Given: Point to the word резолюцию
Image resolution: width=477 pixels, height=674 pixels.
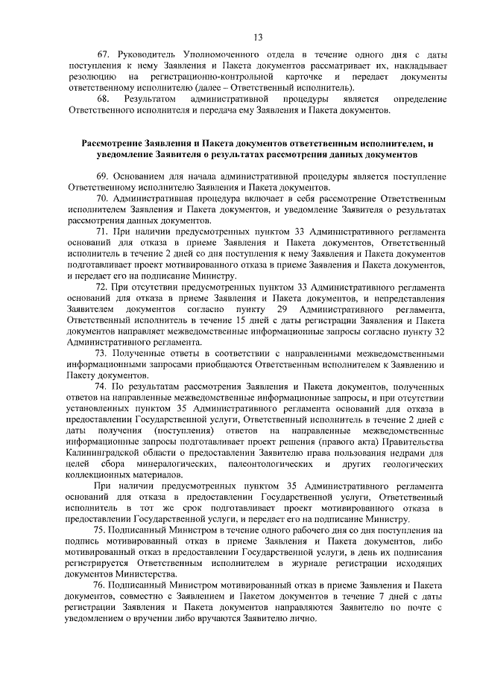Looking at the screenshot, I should [x=91, y=77].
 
